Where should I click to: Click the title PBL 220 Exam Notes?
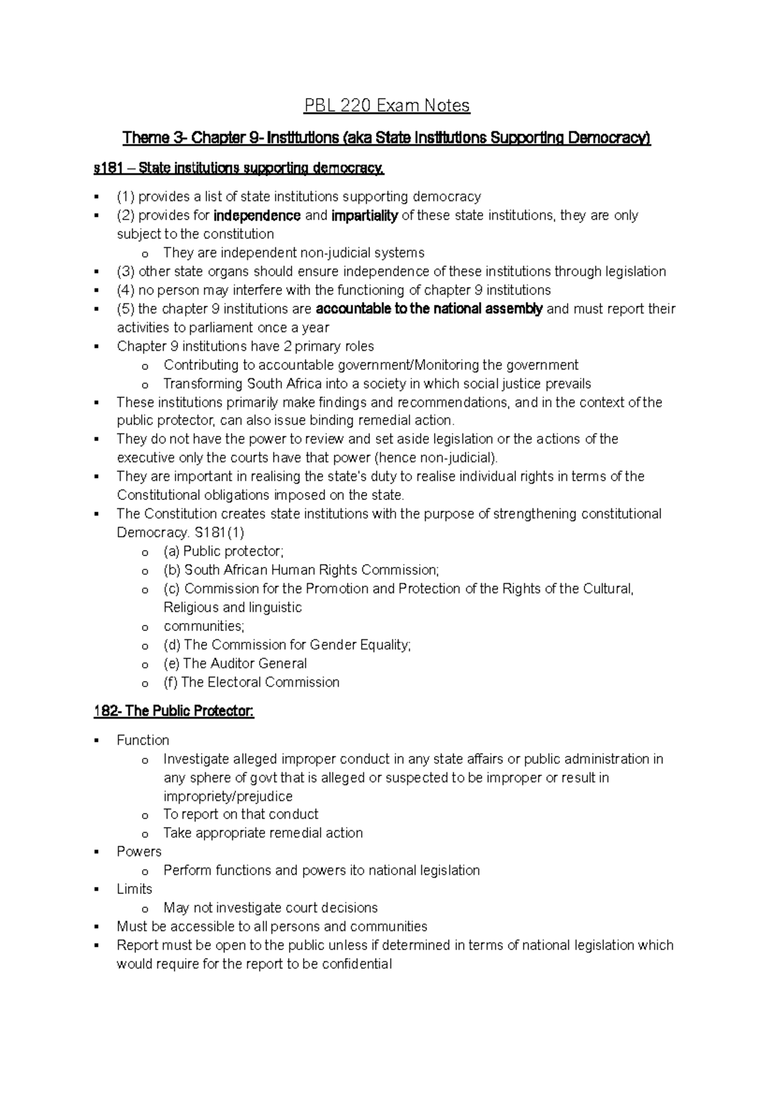(387, 105)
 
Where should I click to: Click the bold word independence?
(257, 215)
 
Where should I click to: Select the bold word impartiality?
(364, 215)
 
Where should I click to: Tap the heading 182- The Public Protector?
(174, 711)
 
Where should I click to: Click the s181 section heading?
(239, 169)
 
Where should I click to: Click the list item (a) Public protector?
(223, 552)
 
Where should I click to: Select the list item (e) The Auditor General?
(235, 663)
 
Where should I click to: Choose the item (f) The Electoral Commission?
(251, 682)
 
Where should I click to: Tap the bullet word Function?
(143, 740)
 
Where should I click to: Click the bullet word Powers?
(139, 851)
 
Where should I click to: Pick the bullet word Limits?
(134, 889)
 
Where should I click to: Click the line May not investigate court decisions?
(270, 908)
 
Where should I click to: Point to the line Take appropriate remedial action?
(263, 833)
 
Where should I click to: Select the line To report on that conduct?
(241, 814)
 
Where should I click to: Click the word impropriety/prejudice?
(228, 796)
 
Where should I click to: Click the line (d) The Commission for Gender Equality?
(286, 644)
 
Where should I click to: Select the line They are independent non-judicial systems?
(293, 253)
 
